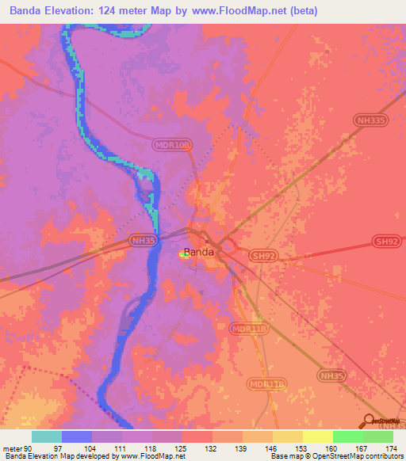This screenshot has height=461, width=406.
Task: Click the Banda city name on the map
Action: click(198, 253)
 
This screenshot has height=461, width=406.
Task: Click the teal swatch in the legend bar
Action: click(47, 436)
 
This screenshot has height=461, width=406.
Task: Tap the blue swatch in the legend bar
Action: click(77, 436)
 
